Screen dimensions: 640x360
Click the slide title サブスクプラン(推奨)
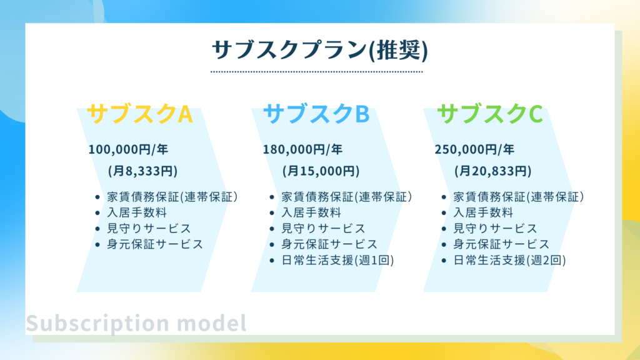click(x=319, y=50)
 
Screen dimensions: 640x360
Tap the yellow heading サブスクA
click(x=139, y=114)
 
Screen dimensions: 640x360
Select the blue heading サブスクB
click(x=316, y=114)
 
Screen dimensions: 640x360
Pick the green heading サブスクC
click(x=490, y=114)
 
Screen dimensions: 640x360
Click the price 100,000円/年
click(x=128, y=149)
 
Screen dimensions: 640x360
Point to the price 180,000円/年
click(x=302, y=149)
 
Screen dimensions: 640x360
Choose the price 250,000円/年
click(x=474, y=149)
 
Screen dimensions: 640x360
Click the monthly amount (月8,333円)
click(x=143, y=171)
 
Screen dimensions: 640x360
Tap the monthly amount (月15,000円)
click(x=321, y=171)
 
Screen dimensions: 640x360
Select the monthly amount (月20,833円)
click(x=493, y=171)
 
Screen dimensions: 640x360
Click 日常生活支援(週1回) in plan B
click(x=337, y=260)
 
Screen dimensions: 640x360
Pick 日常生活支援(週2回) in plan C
click(x=510, y=260)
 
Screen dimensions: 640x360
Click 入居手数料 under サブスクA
click(x=137, y=212)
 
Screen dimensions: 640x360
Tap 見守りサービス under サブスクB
click(x=323, y=228)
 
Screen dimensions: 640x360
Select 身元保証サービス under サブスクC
click(x=501, y=244)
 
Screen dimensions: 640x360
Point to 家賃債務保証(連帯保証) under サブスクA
click(x=172, y=197)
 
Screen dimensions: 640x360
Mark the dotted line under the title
click(x=317, y=72)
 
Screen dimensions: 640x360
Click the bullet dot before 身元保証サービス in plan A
click(x=97, y=245)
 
